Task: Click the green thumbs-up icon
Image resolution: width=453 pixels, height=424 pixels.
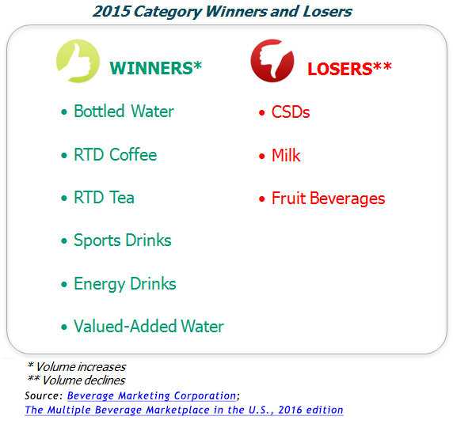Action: (x=78, y=61)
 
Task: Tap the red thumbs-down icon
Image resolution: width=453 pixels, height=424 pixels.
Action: (x=272, y=61)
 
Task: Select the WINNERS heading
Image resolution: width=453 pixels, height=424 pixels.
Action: (x=156, y=68)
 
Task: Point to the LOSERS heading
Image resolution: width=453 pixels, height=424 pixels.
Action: (x=349, y=69)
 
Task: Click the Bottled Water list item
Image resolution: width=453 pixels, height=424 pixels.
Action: (x=124, y=111)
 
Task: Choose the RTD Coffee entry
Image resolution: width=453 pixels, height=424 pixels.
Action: (x=116, y=154)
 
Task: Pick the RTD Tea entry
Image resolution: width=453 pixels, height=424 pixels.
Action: (x=104, y=198)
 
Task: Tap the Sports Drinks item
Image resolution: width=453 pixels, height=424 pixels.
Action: (x=123, y=240)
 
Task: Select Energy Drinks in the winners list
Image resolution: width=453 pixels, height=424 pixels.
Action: (x=125, y=284)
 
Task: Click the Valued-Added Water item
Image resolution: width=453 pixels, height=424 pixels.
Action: (x=149, y=327)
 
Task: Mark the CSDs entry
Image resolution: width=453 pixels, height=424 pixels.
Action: (x=291, y=112)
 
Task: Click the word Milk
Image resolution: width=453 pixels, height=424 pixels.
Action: (x=286, y=155)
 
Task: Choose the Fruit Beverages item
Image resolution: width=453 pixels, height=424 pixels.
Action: (x=328, y=199)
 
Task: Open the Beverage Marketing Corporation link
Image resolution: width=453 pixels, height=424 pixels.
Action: (x=152, y=396)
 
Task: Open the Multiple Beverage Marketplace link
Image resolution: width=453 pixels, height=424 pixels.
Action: (x=184, y=410)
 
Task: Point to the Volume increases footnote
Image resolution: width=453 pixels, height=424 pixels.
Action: (x=77, y=367)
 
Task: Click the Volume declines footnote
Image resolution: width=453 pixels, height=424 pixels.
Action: (x=76, y=380)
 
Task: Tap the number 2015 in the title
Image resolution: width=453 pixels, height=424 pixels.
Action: (x=112, y=12)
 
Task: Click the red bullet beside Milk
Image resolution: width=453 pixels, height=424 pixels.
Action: (x=262, y=157)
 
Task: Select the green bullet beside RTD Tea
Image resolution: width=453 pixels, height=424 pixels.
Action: (x=64, y=199)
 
